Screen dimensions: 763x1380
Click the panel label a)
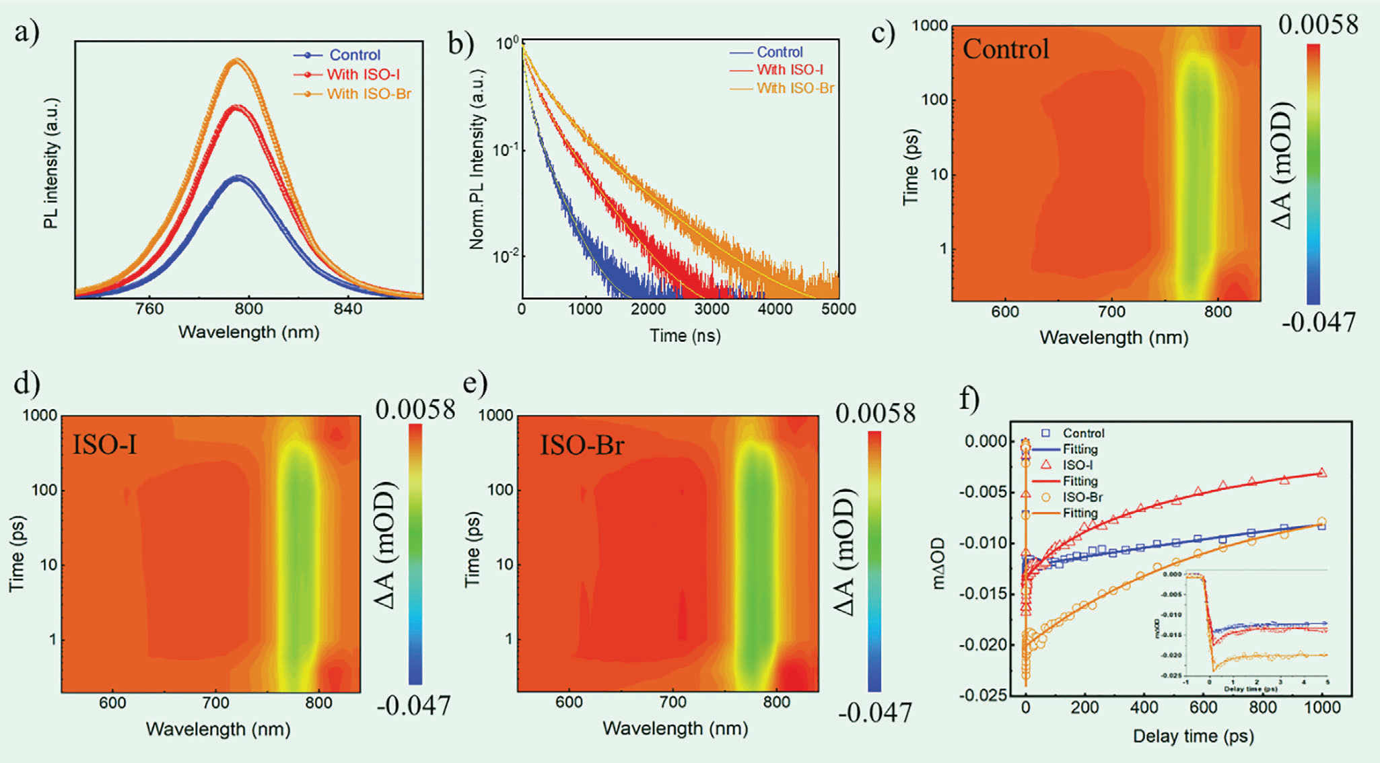tap(27, 32)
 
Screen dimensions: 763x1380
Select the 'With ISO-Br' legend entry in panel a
tap(368, 94)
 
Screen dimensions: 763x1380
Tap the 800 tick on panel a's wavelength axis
tap(248, 309)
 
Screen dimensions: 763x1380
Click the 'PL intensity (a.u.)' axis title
tap(51, 163)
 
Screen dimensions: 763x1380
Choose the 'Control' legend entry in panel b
tap(780, 52)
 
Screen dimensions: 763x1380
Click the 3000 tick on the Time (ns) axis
tap(712, 309)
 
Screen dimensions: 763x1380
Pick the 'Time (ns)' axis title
tap(685, 335)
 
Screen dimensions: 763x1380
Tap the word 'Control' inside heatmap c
tap(1006, 49)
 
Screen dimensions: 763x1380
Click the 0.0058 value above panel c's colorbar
tap(1317, 25)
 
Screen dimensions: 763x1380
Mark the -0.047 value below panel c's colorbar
tap(1318, 323)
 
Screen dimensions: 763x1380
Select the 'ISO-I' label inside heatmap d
tap(104, 445)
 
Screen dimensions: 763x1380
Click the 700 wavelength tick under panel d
tap(216, 703)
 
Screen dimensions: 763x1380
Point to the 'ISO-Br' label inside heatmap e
tap(582, 445)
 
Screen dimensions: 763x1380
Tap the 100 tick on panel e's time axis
tap(500, 490)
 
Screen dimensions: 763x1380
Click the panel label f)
tap(969, 399)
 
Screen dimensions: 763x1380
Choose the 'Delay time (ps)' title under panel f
tap(1193, 736)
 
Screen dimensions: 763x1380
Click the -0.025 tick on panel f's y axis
tap(985, 695)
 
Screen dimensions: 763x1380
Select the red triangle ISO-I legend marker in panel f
tap(1046, 465)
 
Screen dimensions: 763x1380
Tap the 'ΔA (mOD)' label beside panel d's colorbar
tap(385, 545)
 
